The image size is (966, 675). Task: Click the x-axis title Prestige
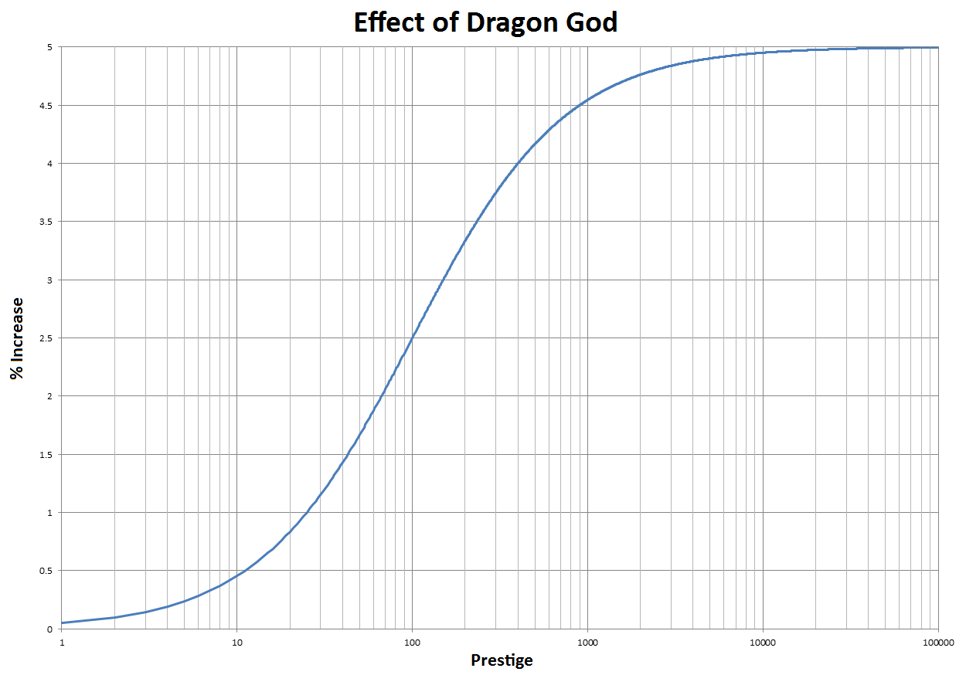point(502,660)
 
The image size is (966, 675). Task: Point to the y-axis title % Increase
point(16,338)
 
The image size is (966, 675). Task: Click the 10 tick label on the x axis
point(236,641)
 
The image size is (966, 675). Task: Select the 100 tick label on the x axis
point(412,641)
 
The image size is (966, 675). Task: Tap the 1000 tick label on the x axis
point(587,641)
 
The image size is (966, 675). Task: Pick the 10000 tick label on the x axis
point(763,641)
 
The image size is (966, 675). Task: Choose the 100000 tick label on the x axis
point(937,641)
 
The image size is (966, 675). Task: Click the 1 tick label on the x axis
point(61,641)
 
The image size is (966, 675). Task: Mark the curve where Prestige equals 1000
point(587,100)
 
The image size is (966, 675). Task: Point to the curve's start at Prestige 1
point(62,622)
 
